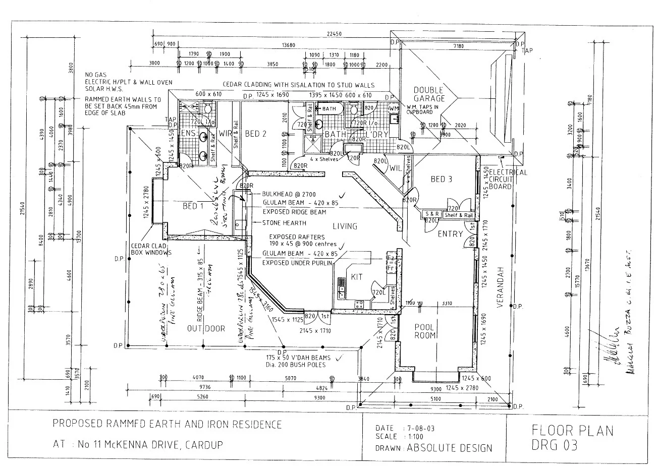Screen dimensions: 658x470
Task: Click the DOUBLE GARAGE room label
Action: pos(429,94)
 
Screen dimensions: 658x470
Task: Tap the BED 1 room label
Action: pos(193,206)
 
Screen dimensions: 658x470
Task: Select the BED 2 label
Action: pos(255,134)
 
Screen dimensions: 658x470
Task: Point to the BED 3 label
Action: pos(441,179)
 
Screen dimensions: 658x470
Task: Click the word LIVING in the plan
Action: pos(345,226)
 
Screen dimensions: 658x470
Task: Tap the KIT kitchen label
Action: pos(357,277)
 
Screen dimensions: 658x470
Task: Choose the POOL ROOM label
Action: pos(424,331)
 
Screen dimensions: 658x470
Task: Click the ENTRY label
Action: pos(450,234)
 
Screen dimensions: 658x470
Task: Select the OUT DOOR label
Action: pos(206,329)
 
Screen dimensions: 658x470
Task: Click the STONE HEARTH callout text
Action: pos(284,222)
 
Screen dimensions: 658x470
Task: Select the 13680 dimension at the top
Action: pos(289,45)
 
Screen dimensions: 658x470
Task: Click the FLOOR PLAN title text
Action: pos(573,431)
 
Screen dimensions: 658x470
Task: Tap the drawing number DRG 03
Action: pos(555,445)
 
